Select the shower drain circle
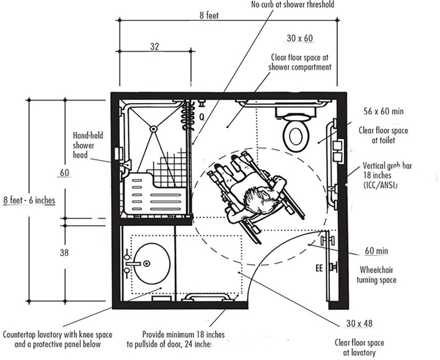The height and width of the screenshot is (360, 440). click(x=153, y=129)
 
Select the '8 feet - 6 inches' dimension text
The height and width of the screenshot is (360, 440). click(x=29, y=199)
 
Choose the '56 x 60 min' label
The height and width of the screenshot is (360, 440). click(x=382, y=111)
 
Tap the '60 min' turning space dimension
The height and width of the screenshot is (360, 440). click(x=377, y=251)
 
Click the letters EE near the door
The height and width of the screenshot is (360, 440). click(x=318, y=269)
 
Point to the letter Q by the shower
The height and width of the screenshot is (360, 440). click(x=202, y=117)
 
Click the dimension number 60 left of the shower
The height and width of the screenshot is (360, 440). click(x=65, y=173)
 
